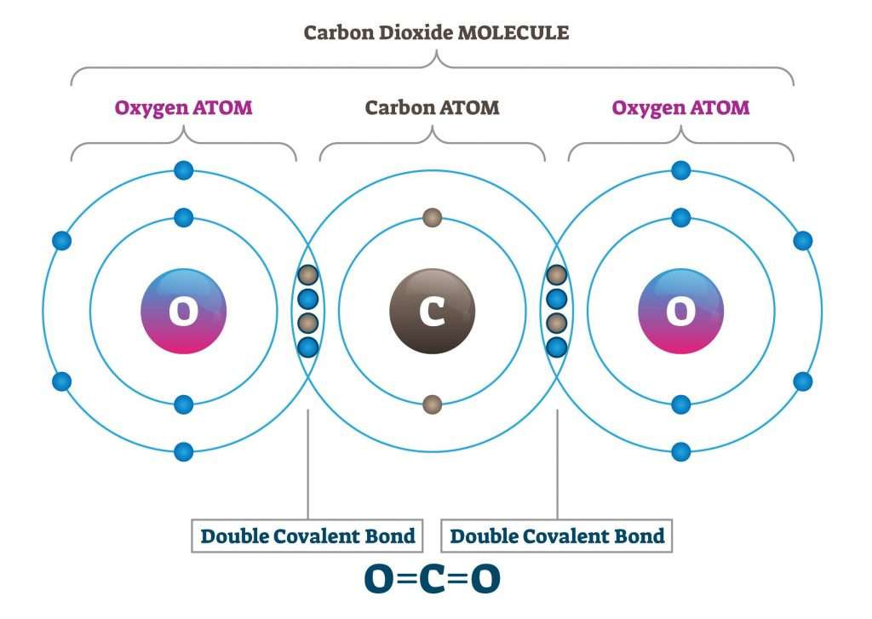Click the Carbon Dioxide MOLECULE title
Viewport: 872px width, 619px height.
coord(436,33)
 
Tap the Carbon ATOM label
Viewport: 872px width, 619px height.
coord(432,108)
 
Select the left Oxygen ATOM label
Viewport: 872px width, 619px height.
coord(184,108)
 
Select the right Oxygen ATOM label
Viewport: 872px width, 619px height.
coord(680,108)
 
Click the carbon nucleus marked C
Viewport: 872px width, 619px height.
coord(432,312)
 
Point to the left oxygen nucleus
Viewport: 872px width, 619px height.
coord(183,312)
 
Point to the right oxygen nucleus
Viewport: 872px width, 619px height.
coord(680,312)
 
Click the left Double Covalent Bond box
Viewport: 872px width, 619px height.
coord(307,536)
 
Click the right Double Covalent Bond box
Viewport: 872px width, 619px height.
coord(557,536)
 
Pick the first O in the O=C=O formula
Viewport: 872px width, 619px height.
coord(379,580)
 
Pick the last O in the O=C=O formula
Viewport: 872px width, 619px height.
coord(485,580)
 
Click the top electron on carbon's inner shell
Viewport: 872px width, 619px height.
coord(432,218)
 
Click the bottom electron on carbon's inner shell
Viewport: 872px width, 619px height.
coord(432,404)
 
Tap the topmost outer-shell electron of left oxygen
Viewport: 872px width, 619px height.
coord(183,170)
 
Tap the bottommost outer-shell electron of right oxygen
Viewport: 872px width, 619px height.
coord(680,451)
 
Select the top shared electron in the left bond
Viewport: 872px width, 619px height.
coord(308,275)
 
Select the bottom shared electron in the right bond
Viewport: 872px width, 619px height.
coord(557,347)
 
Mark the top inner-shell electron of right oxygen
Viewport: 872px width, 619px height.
coord(680,218)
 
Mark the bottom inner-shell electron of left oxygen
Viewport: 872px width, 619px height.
coord(183,404)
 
